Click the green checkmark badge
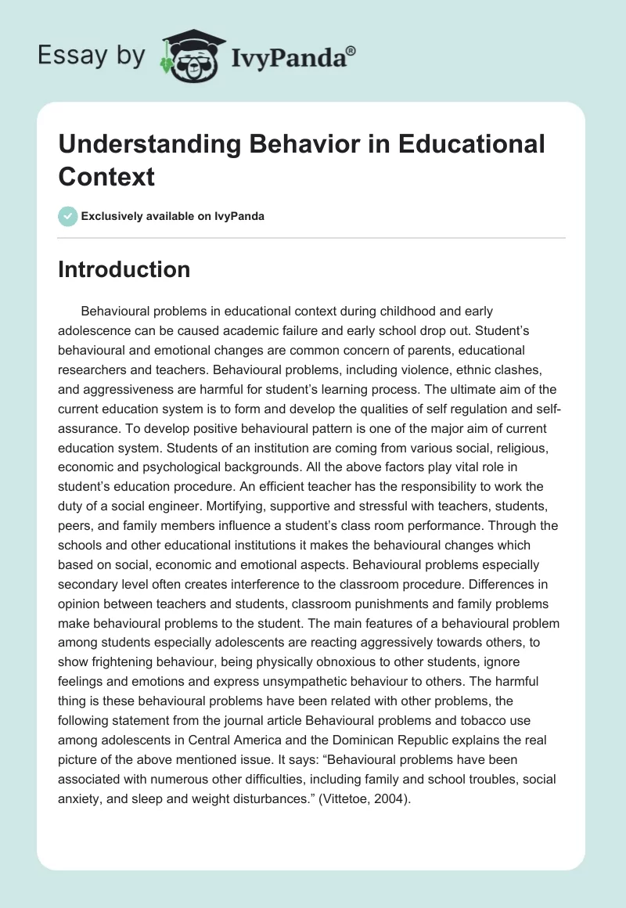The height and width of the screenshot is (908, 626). coord(68,216)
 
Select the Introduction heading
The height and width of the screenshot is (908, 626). coord(124,269)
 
